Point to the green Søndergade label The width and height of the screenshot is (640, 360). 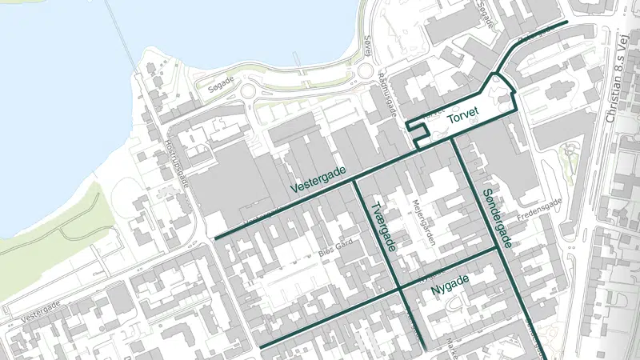[497, 218]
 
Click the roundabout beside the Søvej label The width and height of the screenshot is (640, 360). [365, 71]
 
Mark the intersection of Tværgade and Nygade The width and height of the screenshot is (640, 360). [399, 290]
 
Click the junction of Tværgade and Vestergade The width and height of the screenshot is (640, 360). [354, 180]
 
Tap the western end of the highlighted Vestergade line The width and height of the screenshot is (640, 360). [216, 238]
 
